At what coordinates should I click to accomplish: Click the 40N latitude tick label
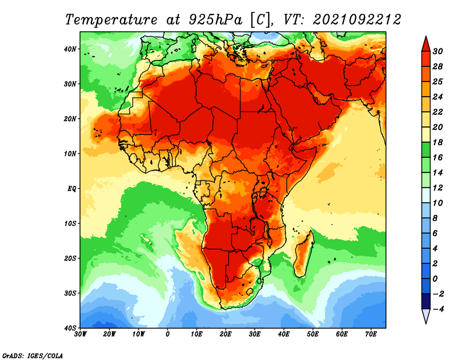(70, 49)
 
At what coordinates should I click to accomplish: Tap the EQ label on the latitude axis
(72, 189)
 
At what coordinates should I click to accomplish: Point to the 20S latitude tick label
(70, 258)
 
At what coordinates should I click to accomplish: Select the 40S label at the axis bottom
(70, 328)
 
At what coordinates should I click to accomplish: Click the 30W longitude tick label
(80, 334)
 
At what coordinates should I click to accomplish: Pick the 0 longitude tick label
(168, 334)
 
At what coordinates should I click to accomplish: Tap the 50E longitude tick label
(313, 334)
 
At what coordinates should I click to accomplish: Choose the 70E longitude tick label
(371, 334)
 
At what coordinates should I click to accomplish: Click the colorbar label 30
(437, 51)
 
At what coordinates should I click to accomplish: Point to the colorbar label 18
(437, 142)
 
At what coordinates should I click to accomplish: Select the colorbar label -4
(438, 309)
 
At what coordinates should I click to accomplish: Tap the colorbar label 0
(435, 279)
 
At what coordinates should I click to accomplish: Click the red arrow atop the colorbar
(426, 45)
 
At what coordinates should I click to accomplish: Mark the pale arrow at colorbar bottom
(426, 316)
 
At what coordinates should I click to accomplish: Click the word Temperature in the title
(111, 20)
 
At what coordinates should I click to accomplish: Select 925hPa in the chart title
(216, 20)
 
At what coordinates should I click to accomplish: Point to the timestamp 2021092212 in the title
(357, 20)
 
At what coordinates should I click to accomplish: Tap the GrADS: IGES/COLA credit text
(33, 355)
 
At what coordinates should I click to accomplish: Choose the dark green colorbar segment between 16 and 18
(426, 150)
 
